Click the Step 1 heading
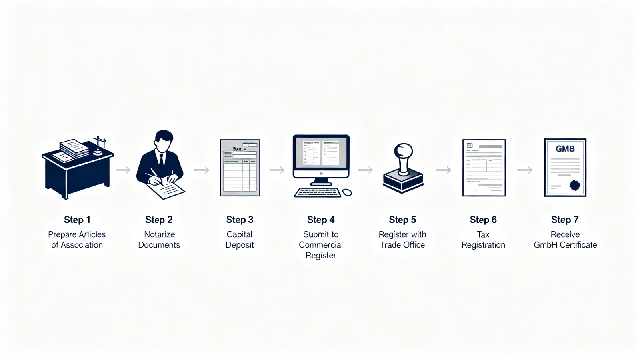tap(77, 220)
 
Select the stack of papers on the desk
tap(75, 148)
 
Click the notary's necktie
tap(161, 160)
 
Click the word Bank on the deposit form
tap(239, 148)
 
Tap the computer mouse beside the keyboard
tap(347, 193)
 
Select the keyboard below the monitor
tap(318, 193)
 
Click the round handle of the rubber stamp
tap(403, 151)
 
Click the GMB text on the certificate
tap(565, 149)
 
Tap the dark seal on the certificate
tap(575, 185)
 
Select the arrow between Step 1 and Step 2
tap(123, 170)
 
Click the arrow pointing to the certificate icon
tap(525, 170)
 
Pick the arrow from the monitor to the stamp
tap(365, 170)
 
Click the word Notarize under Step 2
tap(159, 234)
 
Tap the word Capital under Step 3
tap(239, 234)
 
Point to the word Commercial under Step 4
tap(321, 245)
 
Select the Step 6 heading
tap(483, 220)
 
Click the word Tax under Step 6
tap(483, 234)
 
